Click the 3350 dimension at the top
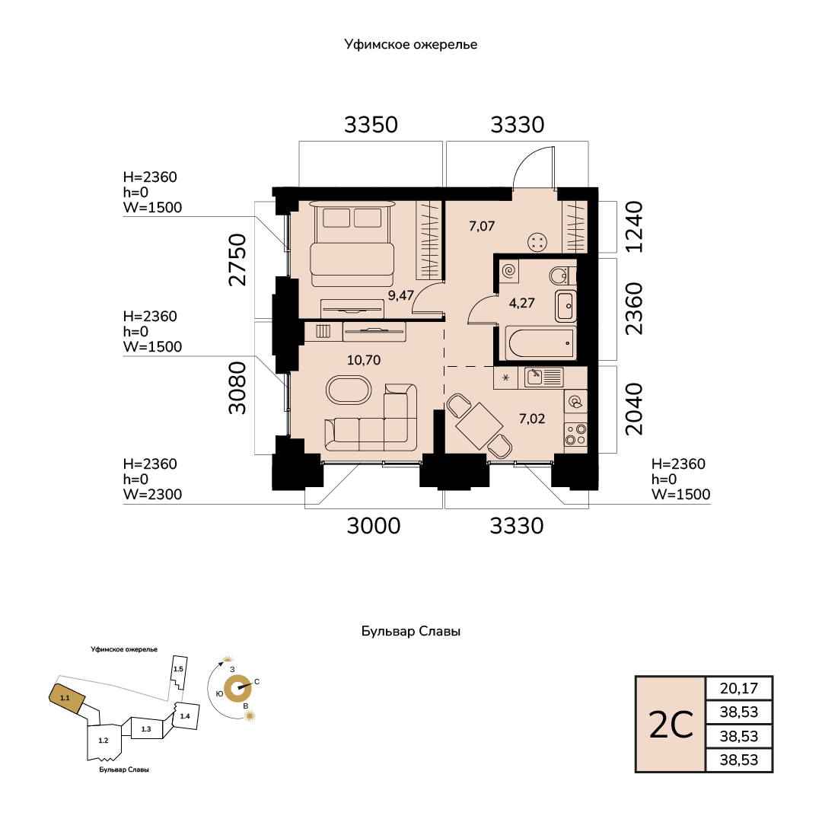tap(371, 125)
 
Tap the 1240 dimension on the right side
tap(634, 227)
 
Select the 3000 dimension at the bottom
tap(373, 526)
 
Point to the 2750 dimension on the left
tap(237, 260)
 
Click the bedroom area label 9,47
tap(401, 295)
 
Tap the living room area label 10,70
tap(364, 360)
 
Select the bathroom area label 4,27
tap(521, 303)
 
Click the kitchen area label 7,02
tap(532, 419)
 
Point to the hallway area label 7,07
tap(482, 226)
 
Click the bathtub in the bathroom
tap(540, 342)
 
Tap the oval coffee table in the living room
tap(349, 390)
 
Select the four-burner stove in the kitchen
tap(575, 435)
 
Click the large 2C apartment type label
tap(671, 725)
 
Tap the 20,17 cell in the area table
tap(739, 688)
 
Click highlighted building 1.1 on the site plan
tap(66, 698)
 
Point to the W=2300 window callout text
tap(152, 495)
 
